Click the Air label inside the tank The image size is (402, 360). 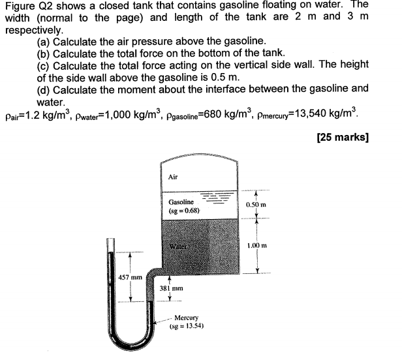(173, 176)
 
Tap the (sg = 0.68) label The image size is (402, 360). (183, 211)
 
